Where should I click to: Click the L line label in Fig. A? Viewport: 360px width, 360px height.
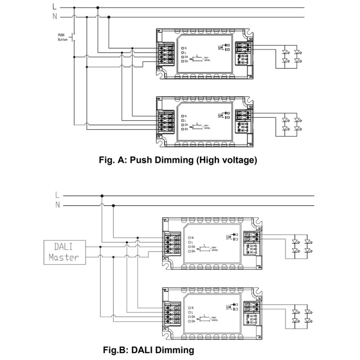pos(54,7)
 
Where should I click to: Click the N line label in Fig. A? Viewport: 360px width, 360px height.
pos(54,17)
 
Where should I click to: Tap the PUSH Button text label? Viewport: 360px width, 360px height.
pos(63,37)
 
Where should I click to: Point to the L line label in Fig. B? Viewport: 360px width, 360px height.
pos(57,195)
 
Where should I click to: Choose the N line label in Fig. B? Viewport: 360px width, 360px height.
pos(57,205)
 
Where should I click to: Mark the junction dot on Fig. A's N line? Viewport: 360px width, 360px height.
pos(108,17)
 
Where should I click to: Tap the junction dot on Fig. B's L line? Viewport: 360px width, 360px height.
pos(102,196)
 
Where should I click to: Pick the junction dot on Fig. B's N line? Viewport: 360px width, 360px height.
pos(113,205)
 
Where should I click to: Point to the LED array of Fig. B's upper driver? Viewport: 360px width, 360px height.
pos(302,245)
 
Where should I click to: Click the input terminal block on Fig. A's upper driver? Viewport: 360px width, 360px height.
pos(165,54)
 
